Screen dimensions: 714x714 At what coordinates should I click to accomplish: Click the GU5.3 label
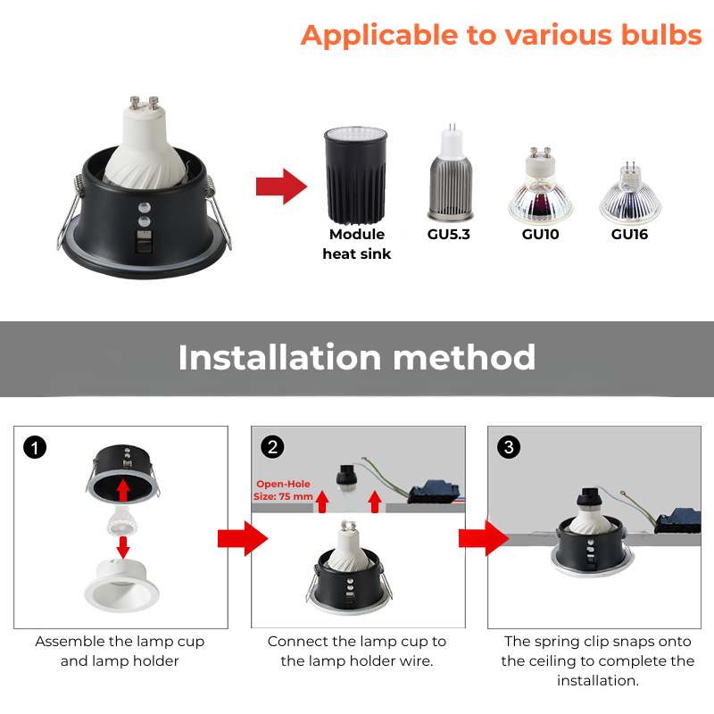tap(449, 234)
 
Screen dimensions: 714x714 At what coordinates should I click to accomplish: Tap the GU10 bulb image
tap(541, 186)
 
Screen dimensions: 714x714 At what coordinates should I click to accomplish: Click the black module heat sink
tap(355, 176)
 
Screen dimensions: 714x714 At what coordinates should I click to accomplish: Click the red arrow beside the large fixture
tap(281, 187)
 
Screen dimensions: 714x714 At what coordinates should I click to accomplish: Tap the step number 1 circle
tap(35, 447)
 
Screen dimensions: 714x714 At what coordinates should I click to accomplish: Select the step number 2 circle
tap(272, 447)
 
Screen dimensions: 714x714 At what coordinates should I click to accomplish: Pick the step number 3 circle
tap(509, 447)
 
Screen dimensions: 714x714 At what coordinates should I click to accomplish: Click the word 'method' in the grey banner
tap(464, 358)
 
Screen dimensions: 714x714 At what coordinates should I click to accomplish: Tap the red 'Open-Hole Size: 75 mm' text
tap(283, 490)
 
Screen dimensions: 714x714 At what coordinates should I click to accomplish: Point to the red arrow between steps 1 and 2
tap(243, 539)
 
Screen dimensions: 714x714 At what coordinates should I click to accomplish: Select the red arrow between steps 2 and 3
tap(484, 538)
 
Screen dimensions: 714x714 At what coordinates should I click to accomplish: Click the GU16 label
tap(629, 234)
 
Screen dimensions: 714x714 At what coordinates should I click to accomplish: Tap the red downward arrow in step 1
tap(123, 547)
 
